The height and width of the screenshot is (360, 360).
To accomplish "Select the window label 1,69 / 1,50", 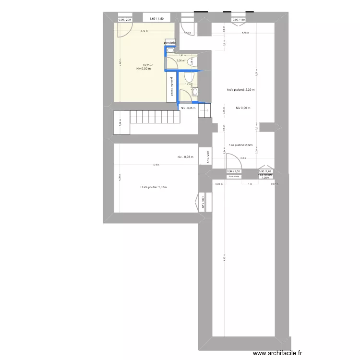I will (156, 19).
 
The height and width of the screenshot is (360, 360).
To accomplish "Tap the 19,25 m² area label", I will (147, 65).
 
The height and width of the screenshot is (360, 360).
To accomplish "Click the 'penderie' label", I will (169, 43).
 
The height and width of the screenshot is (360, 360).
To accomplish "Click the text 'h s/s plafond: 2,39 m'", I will (240, 90).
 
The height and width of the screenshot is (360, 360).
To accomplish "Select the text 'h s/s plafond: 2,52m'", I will (241, 144).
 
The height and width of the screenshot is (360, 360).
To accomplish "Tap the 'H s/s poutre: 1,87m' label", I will (154, 188).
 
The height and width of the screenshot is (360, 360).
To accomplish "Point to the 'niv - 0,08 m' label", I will (185, 156).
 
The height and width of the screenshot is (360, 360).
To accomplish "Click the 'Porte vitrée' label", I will (234, 176).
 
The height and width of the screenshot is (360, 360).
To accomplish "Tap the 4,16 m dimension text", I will (245, 33).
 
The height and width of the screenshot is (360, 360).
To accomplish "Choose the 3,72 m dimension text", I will (144, 31).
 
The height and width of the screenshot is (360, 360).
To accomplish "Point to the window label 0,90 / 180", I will (239, 20).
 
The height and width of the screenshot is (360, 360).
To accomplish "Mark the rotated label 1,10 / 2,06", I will (208, 157).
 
